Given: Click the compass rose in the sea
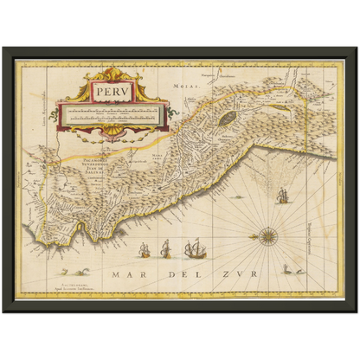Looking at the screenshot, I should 265,235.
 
